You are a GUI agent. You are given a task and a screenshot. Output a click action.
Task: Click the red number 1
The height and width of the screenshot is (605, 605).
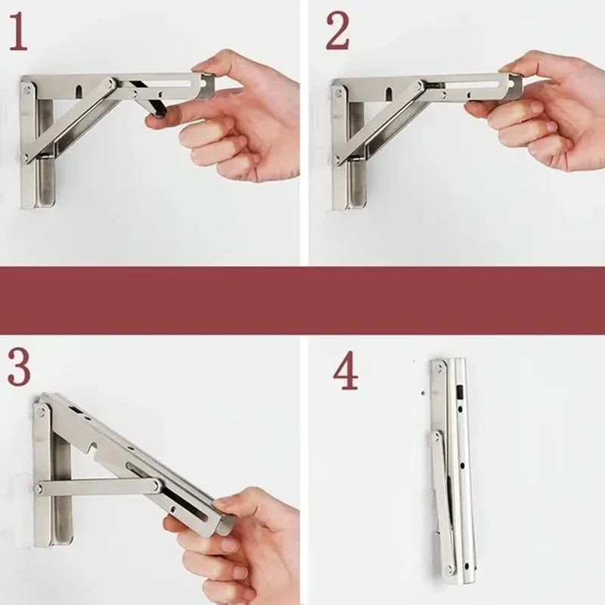click(x=18, y=32)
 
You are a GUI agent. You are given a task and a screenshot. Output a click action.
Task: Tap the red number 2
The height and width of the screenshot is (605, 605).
click(x=338, y=32)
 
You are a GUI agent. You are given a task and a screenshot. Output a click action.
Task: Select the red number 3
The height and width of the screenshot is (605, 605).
click(x=19, y=367)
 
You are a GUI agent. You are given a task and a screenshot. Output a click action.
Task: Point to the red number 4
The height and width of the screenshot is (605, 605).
click(x=346, y=371)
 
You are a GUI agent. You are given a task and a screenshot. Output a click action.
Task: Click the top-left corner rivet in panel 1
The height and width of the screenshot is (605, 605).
click(x=26, y=91)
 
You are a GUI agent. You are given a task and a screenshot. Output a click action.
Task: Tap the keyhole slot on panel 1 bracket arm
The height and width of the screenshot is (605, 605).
click(x=79, y=92)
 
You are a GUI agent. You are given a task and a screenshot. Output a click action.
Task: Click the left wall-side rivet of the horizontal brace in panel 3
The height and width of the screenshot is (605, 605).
click(x=38, y=489)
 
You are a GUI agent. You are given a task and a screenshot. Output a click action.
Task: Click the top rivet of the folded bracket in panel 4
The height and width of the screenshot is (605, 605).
click(x=439, y=368)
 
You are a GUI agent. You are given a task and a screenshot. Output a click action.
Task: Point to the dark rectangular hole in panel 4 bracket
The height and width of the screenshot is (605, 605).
click(x=460, y=392)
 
